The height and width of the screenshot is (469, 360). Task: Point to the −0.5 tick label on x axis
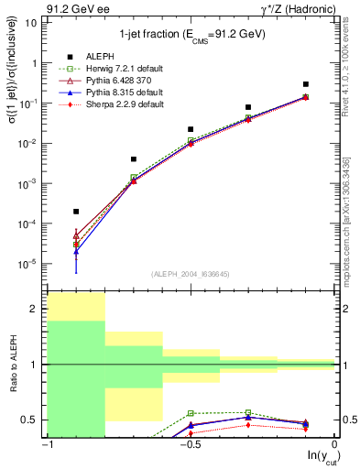(190, 445)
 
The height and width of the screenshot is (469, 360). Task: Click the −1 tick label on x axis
(47, 445)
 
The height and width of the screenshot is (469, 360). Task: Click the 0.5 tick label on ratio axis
(33, 420)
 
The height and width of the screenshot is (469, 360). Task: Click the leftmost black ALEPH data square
(76, 211)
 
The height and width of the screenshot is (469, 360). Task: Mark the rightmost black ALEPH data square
(306, 84)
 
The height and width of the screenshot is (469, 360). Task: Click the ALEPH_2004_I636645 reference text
(191, 275)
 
